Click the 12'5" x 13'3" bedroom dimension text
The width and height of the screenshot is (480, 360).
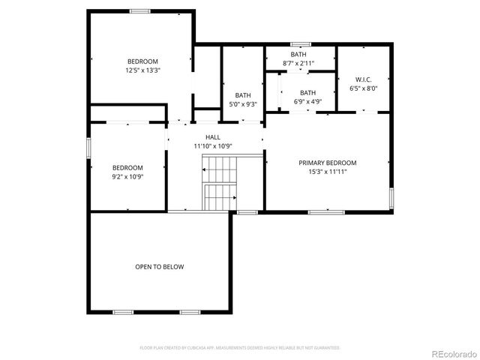click(x=142, y=70)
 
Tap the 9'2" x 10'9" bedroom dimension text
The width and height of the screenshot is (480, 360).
click(x=127, y=177)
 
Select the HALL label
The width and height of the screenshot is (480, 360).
click(x=213, y=137)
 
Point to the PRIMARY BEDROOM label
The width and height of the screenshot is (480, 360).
click(x=327, y=163)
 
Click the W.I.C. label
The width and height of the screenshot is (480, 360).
click(x=363, y=79)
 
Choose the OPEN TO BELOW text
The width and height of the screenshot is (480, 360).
click(x=159, y=267)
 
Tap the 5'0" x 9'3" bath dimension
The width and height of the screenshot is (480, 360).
click(x=243, y=104)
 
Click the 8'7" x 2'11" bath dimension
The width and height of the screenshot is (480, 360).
click(x=298, y=63)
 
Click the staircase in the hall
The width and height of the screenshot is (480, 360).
click(x=220, y=184)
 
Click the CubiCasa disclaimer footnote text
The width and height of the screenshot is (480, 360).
click(x=240, y=348)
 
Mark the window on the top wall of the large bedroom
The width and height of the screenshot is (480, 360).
click(x=140, y=10)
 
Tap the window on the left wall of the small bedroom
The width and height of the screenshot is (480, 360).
click(x=89, y=147)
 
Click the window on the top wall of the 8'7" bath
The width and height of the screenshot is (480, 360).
click(x=301, y=44)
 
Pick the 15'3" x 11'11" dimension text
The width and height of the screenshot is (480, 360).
click(x=327, y=172)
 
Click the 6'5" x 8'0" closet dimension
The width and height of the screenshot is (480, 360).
click(x=363, y=88)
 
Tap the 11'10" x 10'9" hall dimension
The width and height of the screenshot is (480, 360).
click(x=213, y=145)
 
